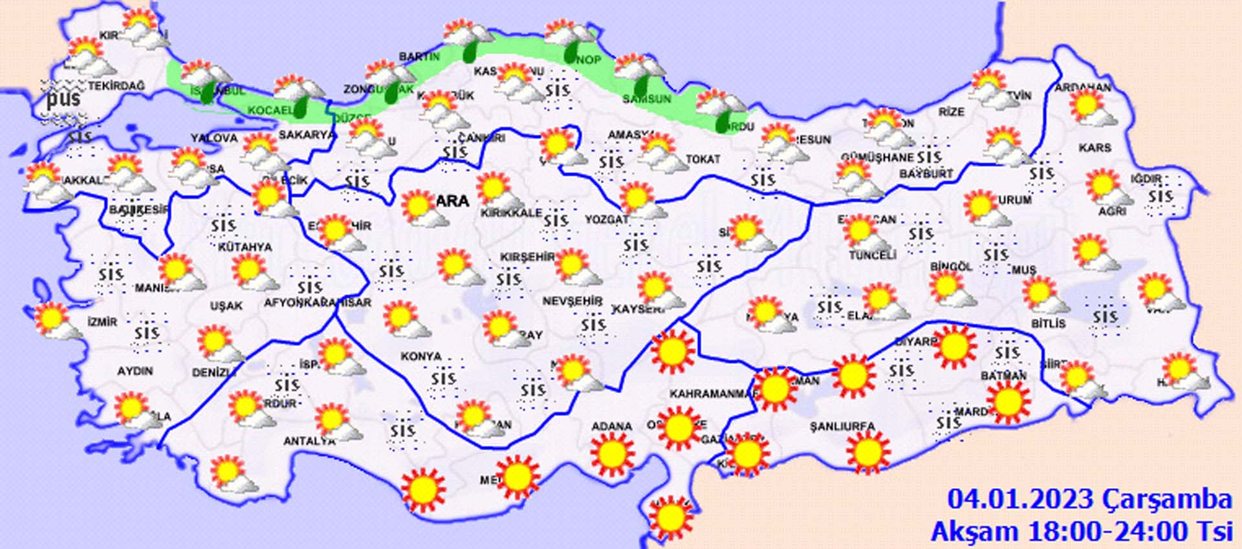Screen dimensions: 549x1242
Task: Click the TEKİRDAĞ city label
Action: pyautogui.click(x=117, y=86)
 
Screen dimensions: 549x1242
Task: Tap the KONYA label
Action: pyautogui.click(x=421, y=356)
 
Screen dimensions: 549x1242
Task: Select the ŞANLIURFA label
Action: pyautogui.click(x=842, y=427)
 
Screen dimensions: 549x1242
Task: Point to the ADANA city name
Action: pyautogui.click(x=611, y=427)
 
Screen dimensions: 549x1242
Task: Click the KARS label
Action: pyautogui.click(x=1095, y=148)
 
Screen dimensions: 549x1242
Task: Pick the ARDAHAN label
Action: pyautogui.click(x=1083, y=88)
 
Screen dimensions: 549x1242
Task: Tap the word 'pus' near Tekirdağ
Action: pyautogui.click(x=63, y=98)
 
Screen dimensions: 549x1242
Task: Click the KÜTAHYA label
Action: pyautogui.click(x=245, y=247)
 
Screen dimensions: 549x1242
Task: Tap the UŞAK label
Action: pyautogui.click(x=226, y=305)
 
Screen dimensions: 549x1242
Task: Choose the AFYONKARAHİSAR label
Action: pyautogui.click(x=318, y=303)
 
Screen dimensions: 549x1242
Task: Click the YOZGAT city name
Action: pyautogui.click(x=607, y=220)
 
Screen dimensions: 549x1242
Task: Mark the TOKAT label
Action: pyautogui.click(x=703, y=159)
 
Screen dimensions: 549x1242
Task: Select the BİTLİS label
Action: pyautogui.click(x=1048, y=323)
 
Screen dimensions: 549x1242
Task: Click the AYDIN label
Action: pyautogui.click(x=135, y=371)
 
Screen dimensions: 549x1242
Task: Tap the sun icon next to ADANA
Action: pyautogui.click(x=611, y=454)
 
